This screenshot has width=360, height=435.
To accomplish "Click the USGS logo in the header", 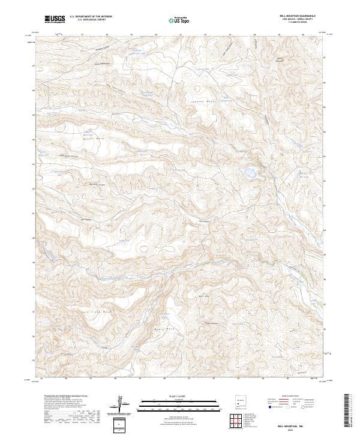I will coord(55,19).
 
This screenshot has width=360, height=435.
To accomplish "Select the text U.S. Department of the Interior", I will coord(91,17).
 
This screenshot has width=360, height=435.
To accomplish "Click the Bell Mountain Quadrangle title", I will coord(294,16).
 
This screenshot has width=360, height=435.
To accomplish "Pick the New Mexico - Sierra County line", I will coord(294,19).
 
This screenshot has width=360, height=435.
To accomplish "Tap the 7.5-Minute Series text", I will coord(294,22).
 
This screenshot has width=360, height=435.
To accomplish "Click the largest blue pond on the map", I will coord(248,174).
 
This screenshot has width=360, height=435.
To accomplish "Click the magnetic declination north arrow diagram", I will coord(120,404).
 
